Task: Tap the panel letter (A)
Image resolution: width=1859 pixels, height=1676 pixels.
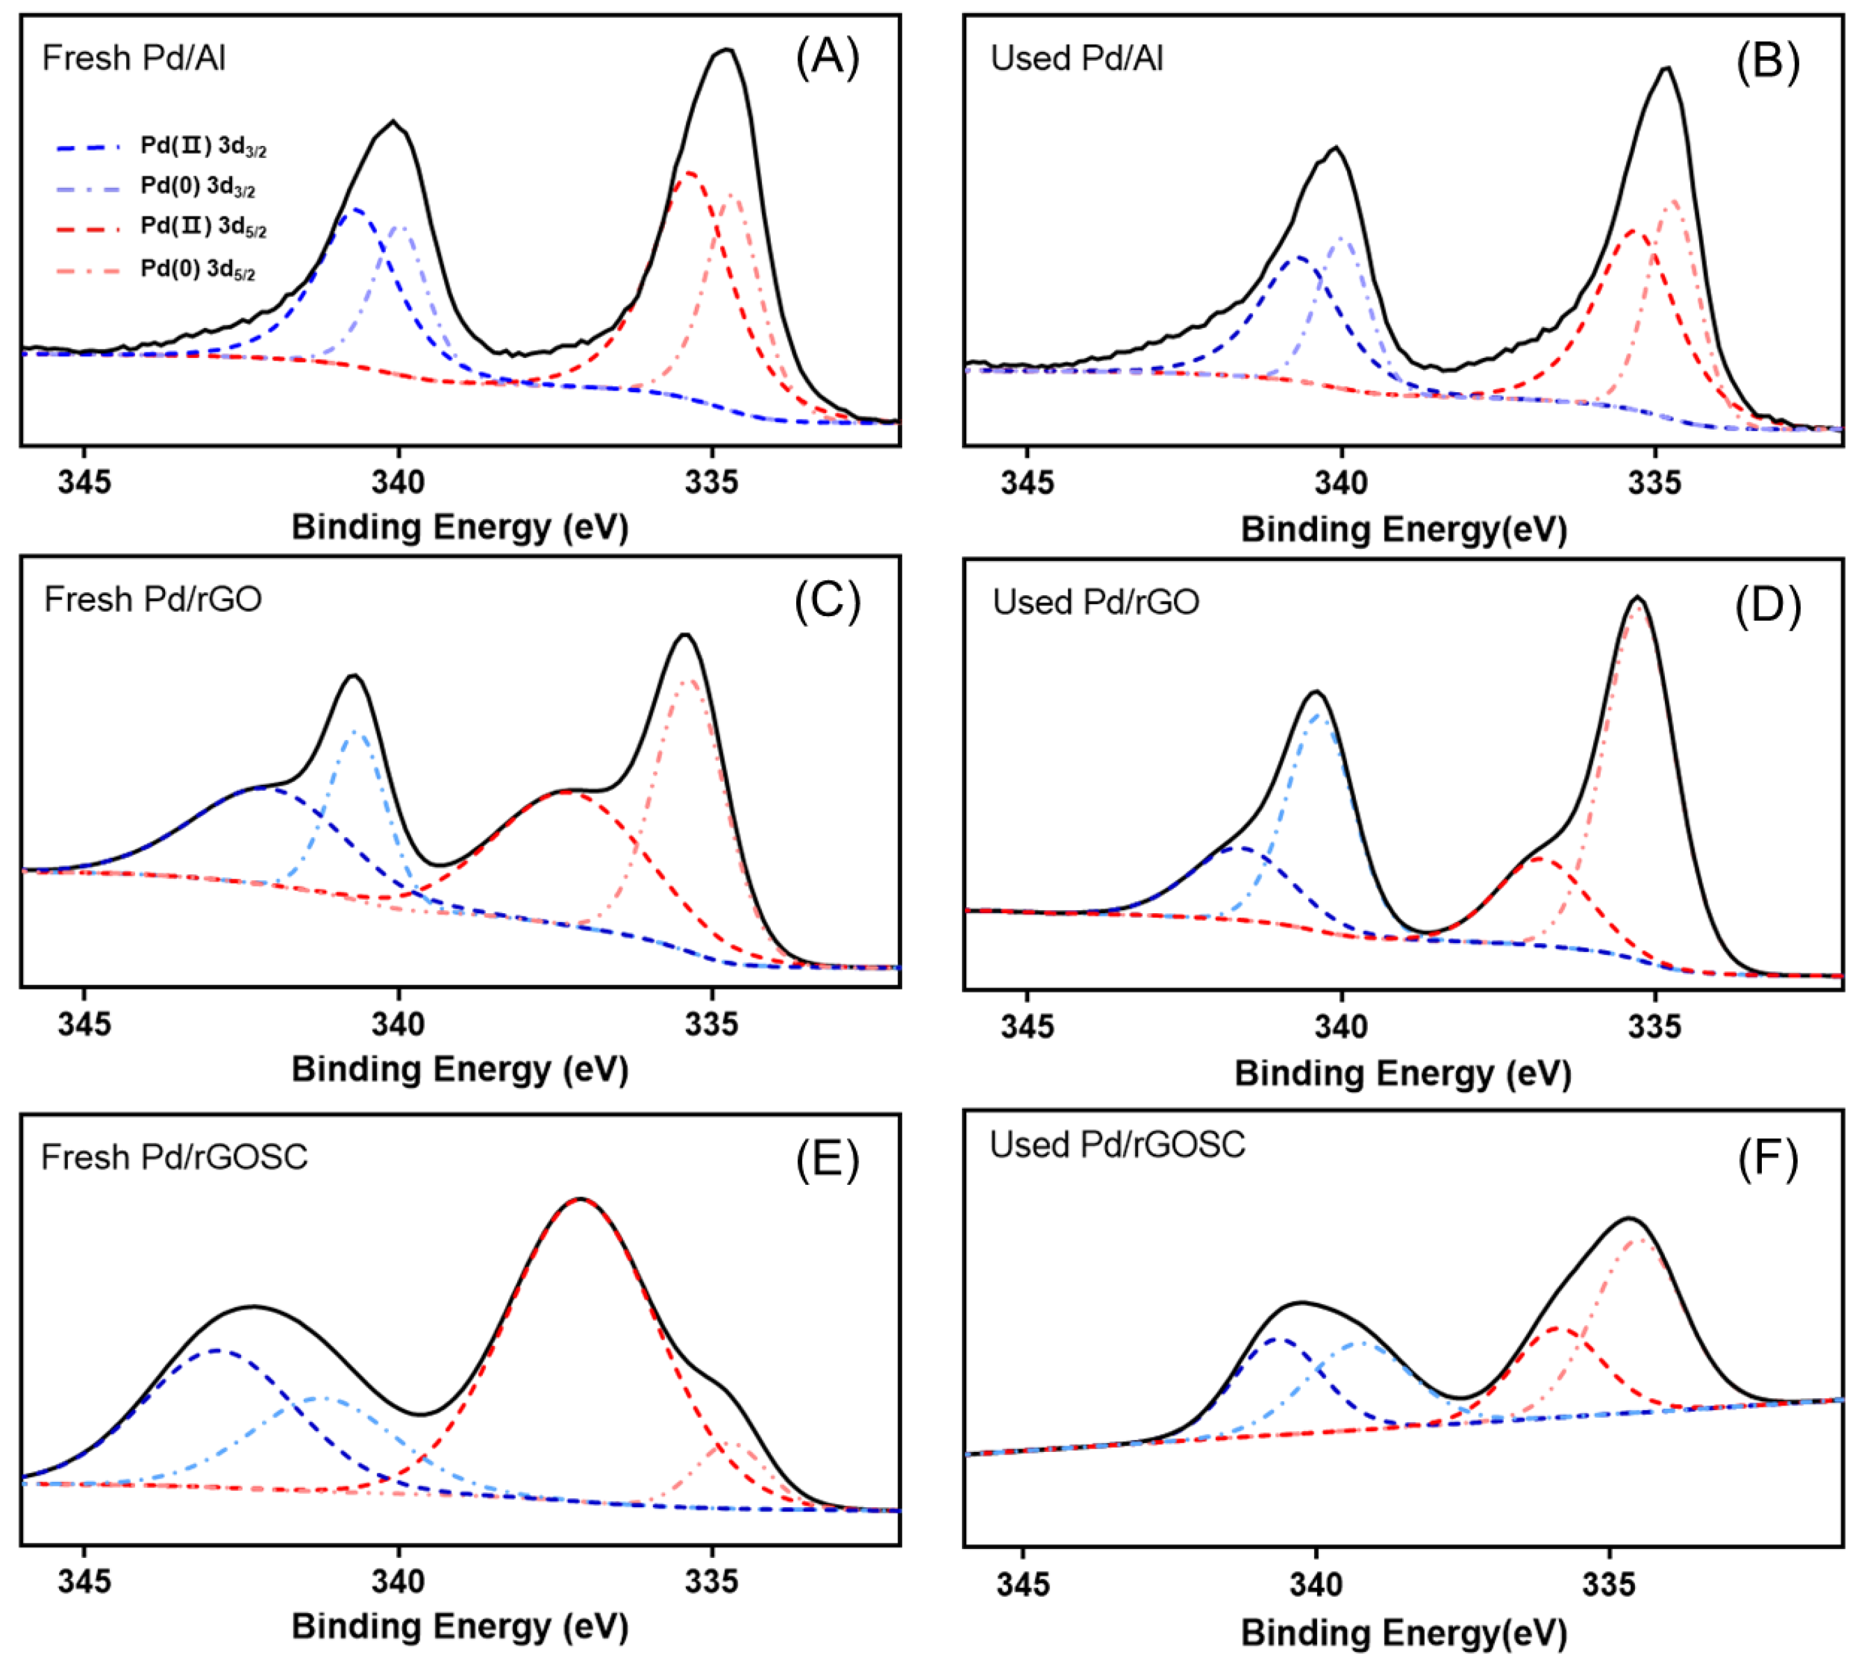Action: click(x=826, y=58)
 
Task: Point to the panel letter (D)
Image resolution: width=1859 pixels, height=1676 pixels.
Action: click(x=1766, y=606)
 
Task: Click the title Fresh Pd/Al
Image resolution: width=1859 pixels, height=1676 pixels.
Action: click(x=133, y=58)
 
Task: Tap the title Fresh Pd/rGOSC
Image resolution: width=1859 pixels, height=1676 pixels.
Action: click(x=174, y=1158)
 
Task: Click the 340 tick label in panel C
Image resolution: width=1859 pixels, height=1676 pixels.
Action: click(x=398, y=1024)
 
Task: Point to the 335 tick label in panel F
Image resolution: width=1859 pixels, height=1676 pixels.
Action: click(x=1608, y=1584)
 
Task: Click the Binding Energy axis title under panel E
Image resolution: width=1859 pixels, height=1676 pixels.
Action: click(x=459, y=1627)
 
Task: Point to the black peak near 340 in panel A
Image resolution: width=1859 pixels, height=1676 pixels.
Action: click(x=393, y=122)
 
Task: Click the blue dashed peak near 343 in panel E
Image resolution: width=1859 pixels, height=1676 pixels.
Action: click(x=216, y=1351)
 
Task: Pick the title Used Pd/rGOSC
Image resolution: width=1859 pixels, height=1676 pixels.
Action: click(x=1116, y=1145)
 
